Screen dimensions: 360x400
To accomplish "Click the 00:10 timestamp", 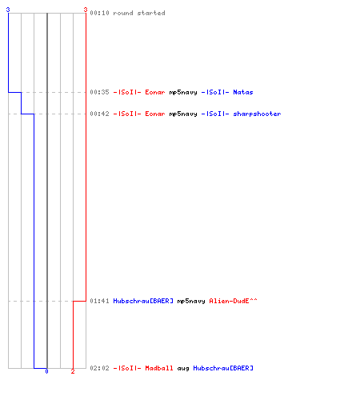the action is click(99, 13).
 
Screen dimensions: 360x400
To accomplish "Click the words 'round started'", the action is click(139, 13).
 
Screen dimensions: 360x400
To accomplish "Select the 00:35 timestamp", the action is click(99, 92).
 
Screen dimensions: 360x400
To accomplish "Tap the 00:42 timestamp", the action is click(99, 114).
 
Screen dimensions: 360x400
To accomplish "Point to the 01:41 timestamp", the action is click(99, 301).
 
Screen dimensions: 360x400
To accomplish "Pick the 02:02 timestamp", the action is click(99, 368).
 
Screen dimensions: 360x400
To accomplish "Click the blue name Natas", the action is click(243, 92).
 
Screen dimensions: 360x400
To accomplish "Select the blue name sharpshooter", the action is click(257, 114).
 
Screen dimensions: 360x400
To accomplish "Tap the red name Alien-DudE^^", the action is click(233, 301).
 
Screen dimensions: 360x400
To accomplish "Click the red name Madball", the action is click(159, 368).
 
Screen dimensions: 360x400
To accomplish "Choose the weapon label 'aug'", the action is click(183, 369).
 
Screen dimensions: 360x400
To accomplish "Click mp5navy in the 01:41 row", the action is click(191, 301).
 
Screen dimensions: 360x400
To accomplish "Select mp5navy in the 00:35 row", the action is click(183, 92).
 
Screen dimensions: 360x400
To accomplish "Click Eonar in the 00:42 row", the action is click(155, 114).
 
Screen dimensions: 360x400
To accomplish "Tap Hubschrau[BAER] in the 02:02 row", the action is click(223, 368).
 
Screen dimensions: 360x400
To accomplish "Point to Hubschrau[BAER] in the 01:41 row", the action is click(143, 301).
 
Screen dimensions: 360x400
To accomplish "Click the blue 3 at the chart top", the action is click(8, 10).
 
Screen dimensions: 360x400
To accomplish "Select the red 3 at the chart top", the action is click(86, 10).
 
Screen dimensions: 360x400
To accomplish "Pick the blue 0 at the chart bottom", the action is click(46, 371).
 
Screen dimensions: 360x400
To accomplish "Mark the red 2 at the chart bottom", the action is click(73, 371).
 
